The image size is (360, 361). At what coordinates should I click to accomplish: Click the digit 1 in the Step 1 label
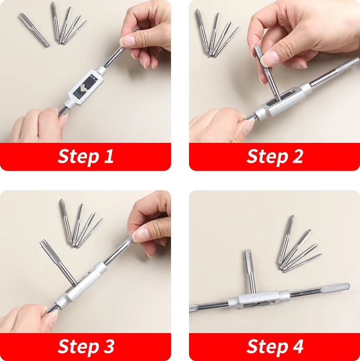pos(108,156)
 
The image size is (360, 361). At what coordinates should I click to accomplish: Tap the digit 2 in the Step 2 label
pos(298,156)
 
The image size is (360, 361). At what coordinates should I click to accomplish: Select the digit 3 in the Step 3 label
pos(109,346)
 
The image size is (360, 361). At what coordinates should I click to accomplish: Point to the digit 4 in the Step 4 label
pos(298,346)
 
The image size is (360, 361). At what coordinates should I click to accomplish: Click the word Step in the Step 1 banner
pos(79,157)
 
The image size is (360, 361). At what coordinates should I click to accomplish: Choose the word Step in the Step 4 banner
pos(268,346)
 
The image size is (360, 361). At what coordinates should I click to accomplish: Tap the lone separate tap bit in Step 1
pos(34,30)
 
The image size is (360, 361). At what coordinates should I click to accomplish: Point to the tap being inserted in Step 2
pos(267,73)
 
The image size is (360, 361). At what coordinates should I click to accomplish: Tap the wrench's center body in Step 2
pos(283,101)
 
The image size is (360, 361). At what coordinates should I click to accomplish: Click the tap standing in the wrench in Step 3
pos(58,263)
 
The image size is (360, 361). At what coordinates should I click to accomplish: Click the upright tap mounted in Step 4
pos(250,271)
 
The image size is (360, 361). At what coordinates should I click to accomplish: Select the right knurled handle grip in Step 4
pos(335,288)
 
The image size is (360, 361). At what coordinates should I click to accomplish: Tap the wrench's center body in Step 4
pos(259,299)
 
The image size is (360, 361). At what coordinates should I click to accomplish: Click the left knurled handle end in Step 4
pos(193,308)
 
